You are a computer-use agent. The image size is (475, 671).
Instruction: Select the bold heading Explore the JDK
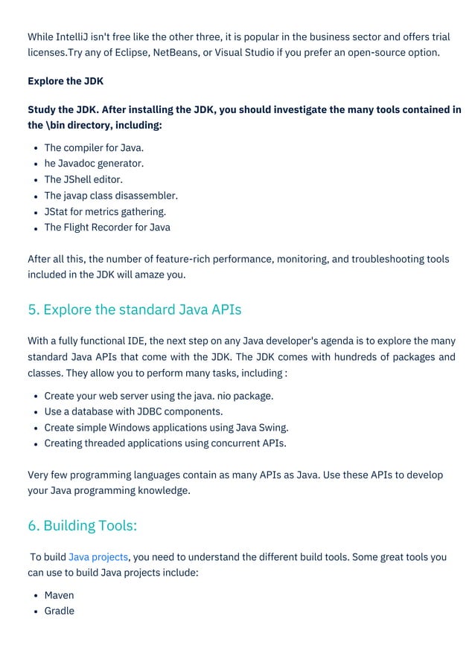(x=66, y=81)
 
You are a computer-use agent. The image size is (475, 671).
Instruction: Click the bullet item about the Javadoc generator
(x=94, y=163)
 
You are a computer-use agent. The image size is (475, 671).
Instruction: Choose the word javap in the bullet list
(x=79, y=196)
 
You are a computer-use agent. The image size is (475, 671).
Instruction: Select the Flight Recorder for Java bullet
(x=107, y=227)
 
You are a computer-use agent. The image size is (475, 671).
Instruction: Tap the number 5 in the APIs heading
(x=33, y=309)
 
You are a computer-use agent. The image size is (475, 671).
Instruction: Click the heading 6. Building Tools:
(x=83, y=525)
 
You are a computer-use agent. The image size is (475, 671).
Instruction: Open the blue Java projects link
(x=98, y=556)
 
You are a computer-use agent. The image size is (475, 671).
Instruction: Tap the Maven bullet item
(x=59, y=595)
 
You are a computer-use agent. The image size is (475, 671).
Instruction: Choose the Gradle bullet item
(x=59, y=611)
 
